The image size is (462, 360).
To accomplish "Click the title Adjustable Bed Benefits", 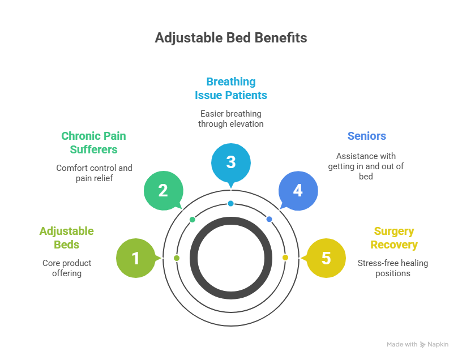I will click(x=231, y=38).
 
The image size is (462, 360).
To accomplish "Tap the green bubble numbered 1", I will click(x=135, y=258).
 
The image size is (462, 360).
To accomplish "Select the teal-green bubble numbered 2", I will click(x=163, y=190).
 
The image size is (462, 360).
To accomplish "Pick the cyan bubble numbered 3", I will click(x=230, y=162).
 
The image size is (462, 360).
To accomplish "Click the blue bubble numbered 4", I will click(x=298, y=190).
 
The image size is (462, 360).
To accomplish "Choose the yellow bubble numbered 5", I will click(x=326, y=258).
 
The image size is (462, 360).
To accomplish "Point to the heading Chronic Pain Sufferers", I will click(x=93, y=143).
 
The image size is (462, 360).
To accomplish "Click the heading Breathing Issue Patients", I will click(x=231, y=88).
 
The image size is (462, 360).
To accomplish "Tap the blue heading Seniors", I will click(x=366, y=136).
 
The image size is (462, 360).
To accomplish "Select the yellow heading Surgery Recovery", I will click(x=394, y=238).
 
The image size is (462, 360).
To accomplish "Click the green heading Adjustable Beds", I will click(x=67, y=238).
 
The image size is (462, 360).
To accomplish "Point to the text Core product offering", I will click(x=67, y=268).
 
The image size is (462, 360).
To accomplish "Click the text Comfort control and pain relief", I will click(x=94, y=173).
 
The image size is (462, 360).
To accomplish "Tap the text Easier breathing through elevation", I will click(x=231, y=118).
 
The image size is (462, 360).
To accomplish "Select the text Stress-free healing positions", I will click(x=393, y=268).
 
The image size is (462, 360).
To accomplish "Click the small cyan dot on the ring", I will click(x=230, y=203).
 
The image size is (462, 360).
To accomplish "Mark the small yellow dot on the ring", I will click(x=285, y=258).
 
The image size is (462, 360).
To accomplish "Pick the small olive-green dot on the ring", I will click(x=177, y=258).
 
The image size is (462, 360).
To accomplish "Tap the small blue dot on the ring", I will click(x=269, y=219).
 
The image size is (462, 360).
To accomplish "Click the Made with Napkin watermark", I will click(x=417, y=344).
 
